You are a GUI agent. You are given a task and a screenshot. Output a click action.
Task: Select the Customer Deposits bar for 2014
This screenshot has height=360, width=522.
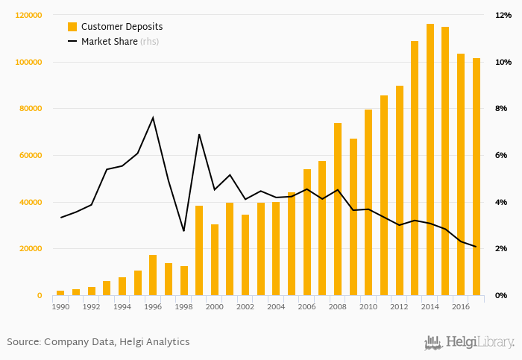pyautogui.click(x=430, y=160)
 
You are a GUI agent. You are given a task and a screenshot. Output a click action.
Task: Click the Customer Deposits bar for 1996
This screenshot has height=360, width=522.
pyautogui.click(x=153, y=275)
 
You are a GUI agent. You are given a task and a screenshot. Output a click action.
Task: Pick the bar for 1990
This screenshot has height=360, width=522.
pyautogui.click(x=60, y=293)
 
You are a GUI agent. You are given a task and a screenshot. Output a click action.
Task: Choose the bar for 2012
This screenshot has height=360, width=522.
pyautogui.click(x=399, y=191)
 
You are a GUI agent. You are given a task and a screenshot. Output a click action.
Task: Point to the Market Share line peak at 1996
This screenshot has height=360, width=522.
pyautogui.click(x=153, y=117)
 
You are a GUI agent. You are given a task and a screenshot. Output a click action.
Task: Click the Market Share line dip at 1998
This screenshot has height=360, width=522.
pyautogui.click(x=183, y=231)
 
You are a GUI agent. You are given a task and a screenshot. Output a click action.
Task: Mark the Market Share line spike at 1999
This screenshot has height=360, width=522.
pyautogui.click(x=199, y=134)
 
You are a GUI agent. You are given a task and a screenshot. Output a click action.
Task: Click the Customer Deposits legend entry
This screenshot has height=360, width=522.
pyautogui.click(x=122, y=27)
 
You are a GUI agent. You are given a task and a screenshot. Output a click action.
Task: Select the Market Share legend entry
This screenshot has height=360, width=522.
pyautogui.click(x=109, y=42)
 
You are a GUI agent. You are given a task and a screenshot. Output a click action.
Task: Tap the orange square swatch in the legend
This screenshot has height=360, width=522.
pyautogui.click(x=72, y=27)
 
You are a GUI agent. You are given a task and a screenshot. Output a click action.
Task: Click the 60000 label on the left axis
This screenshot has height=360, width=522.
pyautogui.click(x=30, y=156)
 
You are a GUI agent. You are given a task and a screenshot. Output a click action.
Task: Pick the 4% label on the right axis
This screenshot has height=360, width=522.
pyautogui.click(x=502, y=203)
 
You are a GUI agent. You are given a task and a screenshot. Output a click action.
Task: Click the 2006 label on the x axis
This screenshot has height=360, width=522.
pyautogui.click(x=306, y=306)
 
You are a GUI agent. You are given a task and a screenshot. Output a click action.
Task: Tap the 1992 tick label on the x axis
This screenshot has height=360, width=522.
pyautogui.click(x=91, y=306)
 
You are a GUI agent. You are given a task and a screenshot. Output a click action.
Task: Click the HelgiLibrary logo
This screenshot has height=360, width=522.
pyautogui.click(x=469, y=342)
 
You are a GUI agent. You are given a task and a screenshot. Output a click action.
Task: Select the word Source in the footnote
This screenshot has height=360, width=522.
pyautogui.click(x=23, y=342)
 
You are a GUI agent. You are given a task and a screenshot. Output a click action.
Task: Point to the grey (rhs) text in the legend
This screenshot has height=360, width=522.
pyautogui.click(x=150, y=42)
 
